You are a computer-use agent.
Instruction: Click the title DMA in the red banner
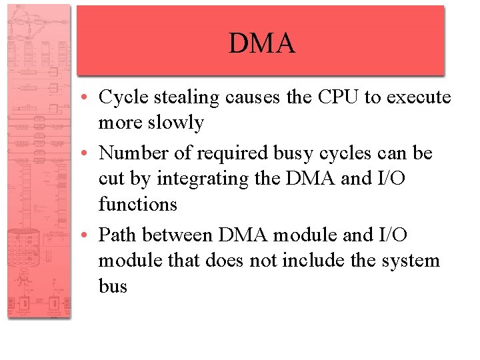[x=261, y=43]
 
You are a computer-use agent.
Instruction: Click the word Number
[x=136, y=153]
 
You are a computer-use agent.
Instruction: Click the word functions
[x=138, y=204]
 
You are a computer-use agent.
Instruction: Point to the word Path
[x=118, y=235]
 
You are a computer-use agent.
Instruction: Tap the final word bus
[x=113, y=286]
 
